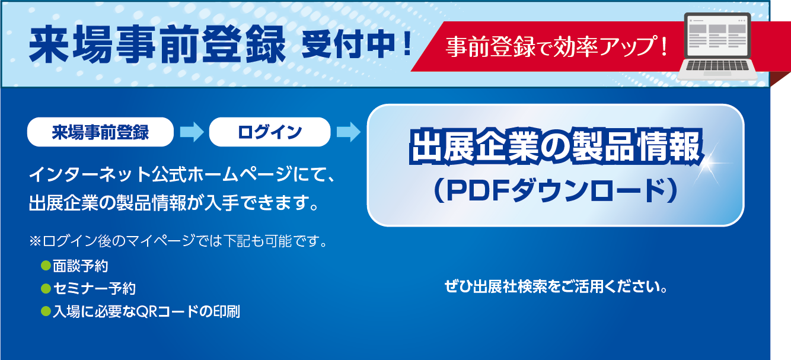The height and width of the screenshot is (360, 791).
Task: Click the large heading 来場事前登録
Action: [x=158, y=44]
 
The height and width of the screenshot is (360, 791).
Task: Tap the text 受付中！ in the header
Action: [x=356, y=43]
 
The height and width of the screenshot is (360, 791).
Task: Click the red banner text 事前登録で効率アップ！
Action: [x=557, y=47]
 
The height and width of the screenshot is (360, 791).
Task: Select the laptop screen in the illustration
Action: [x=717, y=36]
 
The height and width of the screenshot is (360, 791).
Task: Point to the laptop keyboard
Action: [x=717, y=65]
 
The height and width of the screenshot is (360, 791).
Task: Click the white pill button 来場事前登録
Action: [x=100, y=132]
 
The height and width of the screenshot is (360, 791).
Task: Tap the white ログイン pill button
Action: [x=270, y=132]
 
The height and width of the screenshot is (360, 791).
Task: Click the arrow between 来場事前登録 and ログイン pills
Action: [x=192, y=132]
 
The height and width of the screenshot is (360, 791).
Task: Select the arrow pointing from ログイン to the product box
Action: [x=349, y=132]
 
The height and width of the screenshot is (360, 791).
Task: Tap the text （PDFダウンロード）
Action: [x=555, y=191]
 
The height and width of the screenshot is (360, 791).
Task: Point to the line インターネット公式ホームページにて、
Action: [x=181, y=174]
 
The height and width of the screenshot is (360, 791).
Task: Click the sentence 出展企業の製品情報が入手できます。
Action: [x=174, y=203]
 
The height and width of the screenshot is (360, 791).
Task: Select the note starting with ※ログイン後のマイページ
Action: [x=178, y=241]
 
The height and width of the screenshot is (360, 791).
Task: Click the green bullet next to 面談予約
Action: [x=46, y=266]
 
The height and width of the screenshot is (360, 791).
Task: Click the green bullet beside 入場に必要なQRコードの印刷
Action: [x=46, y=311]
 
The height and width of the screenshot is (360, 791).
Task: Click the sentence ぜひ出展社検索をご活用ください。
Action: [x=556, y=286]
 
